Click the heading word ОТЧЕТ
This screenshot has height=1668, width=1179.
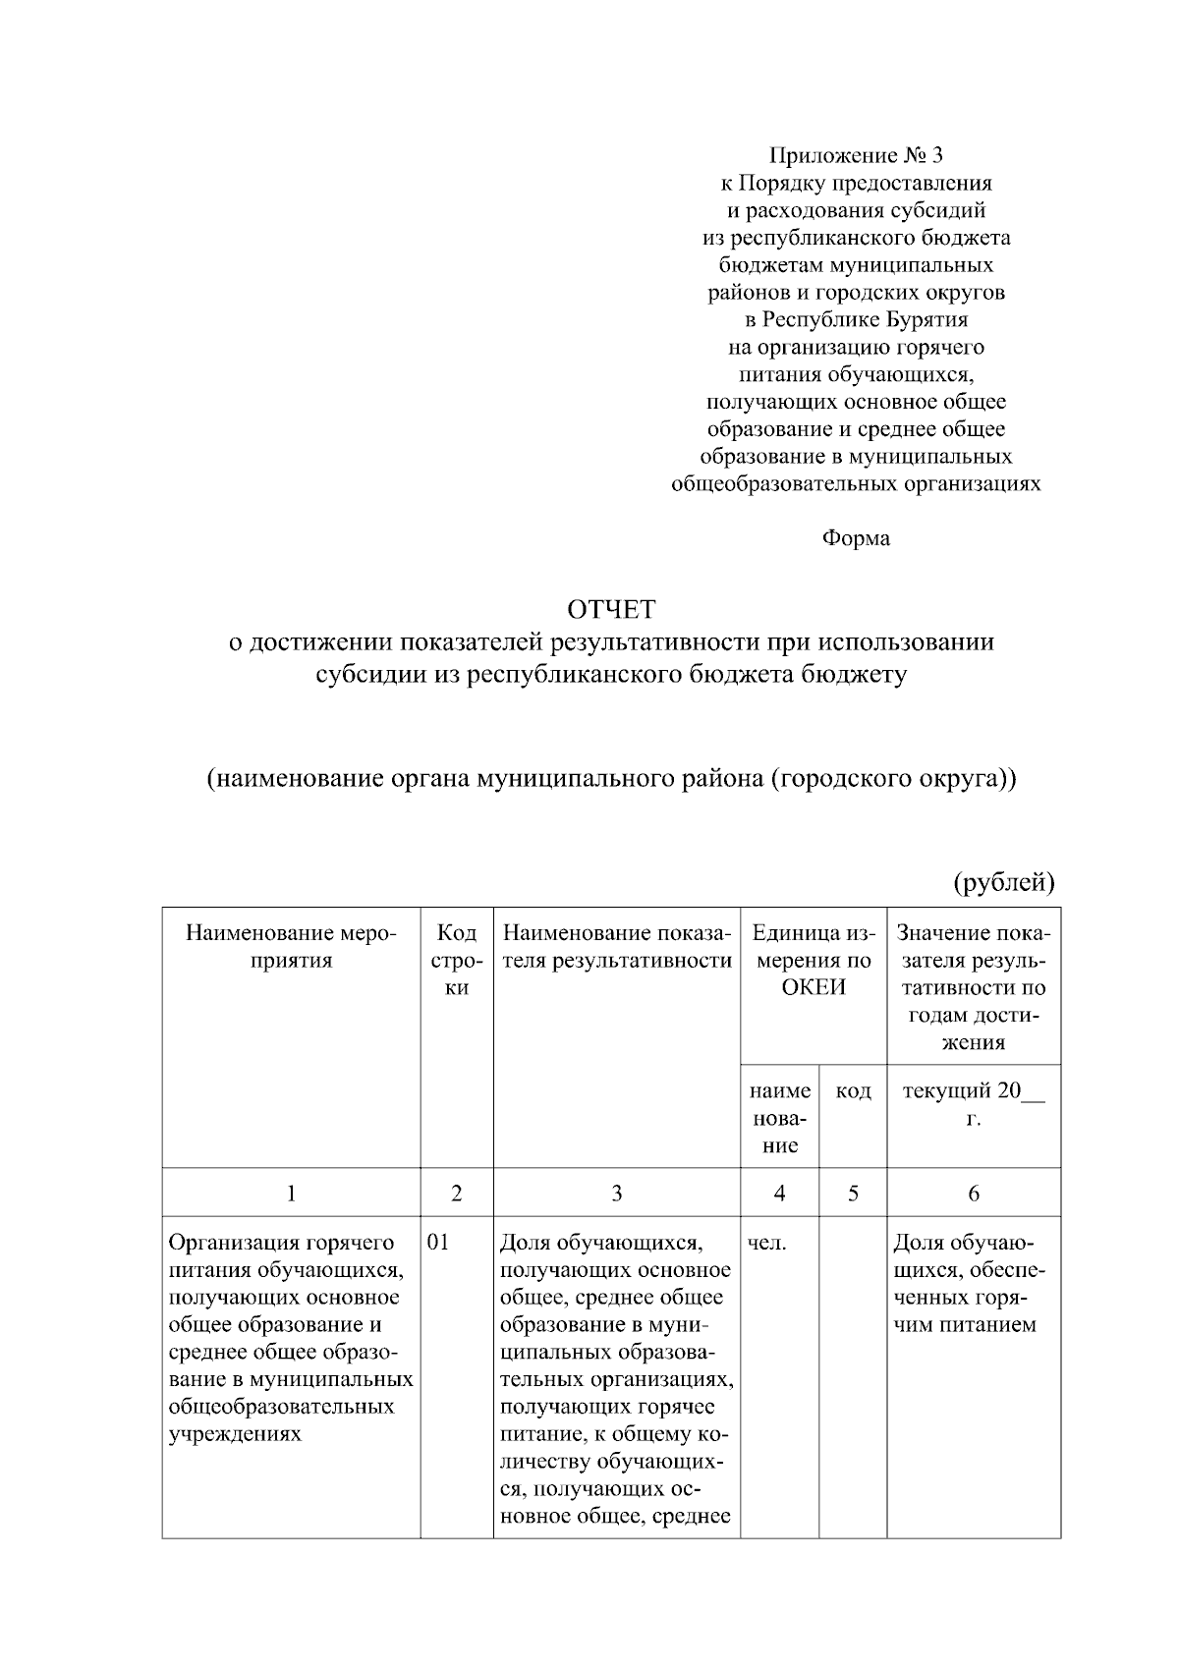pyautogui.click(x=610, y=610)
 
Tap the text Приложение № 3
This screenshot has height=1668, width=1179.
pyautogui.click(x=856, y=155)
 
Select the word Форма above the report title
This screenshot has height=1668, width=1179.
pyautogui.click(x=856, y=538)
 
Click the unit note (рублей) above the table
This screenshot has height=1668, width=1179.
pyautogui.click(x=1004, y=882)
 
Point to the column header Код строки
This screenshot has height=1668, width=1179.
pyautogui.click(x=456, y=960)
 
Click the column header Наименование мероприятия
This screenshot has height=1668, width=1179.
pyautogui.click(x=291, y=946)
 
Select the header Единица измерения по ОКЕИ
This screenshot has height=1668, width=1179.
pyautogui.click(x=813, y=960)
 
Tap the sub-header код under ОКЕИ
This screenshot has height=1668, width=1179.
pyautogui.click(x=853, y=1090)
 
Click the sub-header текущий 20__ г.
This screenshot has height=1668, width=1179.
pyautogui.click(x=973, y=1104)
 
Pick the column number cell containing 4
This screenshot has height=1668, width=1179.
pyautogui.click(x=779, y=1193)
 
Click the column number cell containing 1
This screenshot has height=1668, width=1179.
pyautogui.click(x=291, y=1193)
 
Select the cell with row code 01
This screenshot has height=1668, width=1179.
pyautogui.click(x=438, y=1243)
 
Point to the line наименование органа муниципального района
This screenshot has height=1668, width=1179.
pyautogui.click(x=610, y=779)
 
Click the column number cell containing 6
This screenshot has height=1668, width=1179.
pyautogui.click(x=973, y=1193)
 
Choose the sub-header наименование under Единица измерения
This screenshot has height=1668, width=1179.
pyautogui.click(x=779, y=1118)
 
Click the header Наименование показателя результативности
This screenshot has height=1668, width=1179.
pyautogui.click(x=616, y=946)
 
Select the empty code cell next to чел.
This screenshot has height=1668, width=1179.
pyautogui.click(x=853, y=1375)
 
